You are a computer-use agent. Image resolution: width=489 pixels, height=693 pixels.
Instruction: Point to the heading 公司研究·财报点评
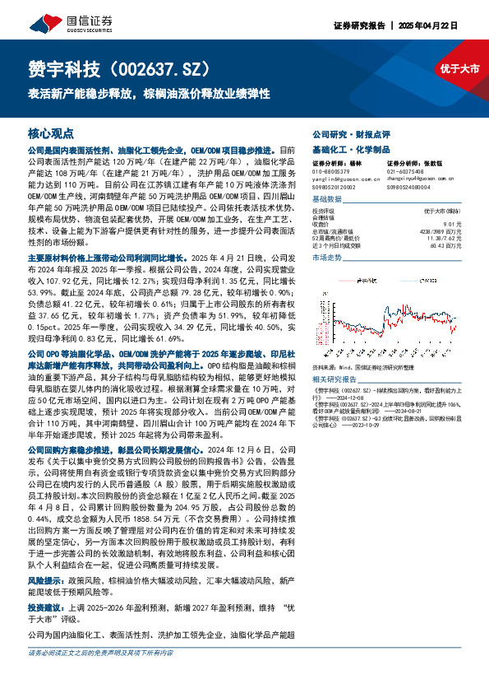[x=346, y=133]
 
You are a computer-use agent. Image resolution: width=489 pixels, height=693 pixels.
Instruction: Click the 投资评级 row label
[x=325, y=211]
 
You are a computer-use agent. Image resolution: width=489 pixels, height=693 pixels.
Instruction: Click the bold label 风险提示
[x=46, y=579]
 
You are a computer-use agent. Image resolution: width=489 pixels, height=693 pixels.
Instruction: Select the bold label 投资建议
[x=46, y=606]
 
